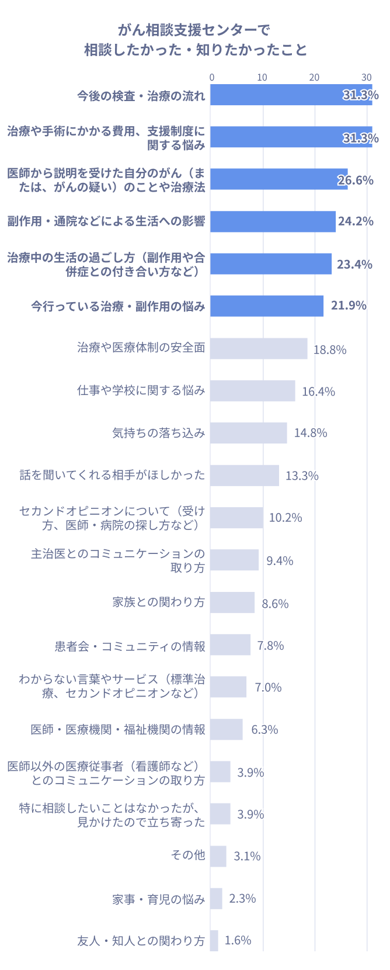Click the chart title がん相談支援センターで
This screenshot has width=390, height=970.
195,30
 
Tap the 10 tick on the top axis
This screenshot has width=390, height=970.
263,77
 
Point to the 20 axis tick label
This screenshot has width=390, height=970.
315,77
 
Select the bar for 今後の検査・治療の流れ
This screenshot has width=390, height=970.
291,95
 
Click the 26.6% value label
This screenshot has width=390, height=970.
356,180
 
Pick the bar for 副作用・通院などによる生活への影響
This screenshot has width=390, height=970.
273,221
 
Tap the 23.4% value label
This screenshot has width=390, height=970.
354,264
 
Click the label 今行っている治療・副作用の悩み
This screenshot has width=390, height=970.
118,306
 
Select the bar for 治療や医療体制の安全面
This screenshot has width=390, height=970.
259,349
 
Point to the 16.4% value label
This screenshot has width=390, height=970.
318,392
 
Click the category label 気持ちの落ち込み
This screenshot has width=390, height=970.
159,433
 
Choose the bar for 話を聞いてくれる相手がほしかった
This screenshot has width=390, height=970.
245,476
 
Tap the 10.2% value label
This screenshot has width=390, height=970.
285,518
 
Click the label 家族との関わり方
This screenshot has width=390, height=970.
159,602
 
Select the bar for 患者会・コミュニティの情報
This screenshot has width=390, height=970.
230,645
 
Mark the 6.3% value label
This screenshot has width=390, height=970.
264,729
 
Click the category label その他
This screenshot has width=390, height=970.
188,855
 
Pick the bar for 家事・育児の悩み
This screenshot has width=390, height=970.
216,899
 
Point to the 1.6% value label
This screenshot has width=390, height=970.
238,940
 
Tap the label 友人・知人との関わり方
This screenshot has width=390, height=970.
141,941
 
